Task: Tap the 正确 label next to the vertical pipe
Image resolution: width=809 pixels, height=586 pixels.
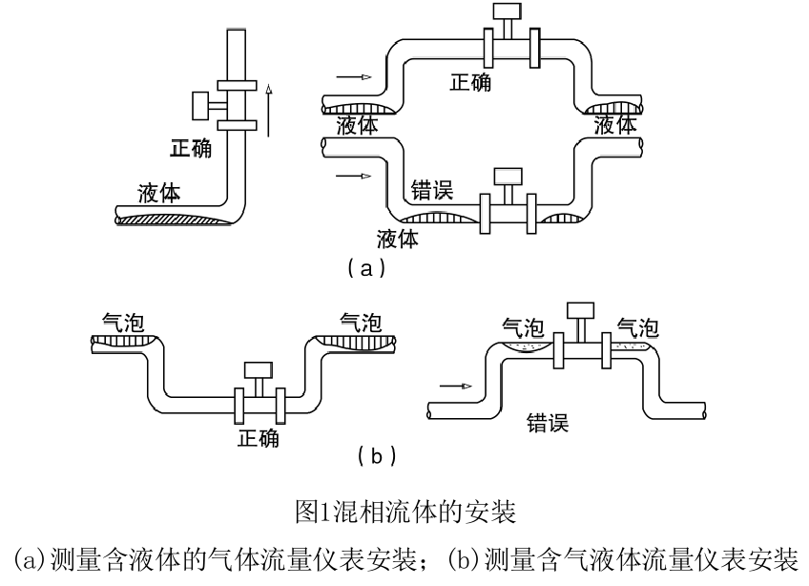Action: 191,151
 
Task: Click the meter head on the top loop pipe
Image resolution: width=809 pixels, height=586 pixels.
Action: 502,13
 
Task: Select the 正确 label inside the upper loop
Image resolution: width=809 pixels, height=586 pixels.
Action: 470,83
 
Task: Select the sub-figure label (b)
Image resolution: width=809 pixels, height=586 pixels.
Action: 376,456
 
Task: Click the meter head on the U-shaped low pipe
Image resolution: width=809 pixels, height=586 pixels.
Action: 258,369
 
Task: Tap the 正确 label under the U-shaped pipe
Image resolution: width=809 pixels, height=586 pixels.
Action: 259,439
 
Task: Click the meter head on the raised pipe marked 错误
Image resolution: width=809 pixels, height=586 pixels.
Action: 580,309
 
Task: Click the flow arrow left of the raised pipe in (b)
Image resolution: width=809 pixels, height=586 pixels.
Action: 456,387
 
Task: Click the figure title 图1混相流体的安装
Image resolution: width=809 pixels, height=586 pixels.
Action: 404,513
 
